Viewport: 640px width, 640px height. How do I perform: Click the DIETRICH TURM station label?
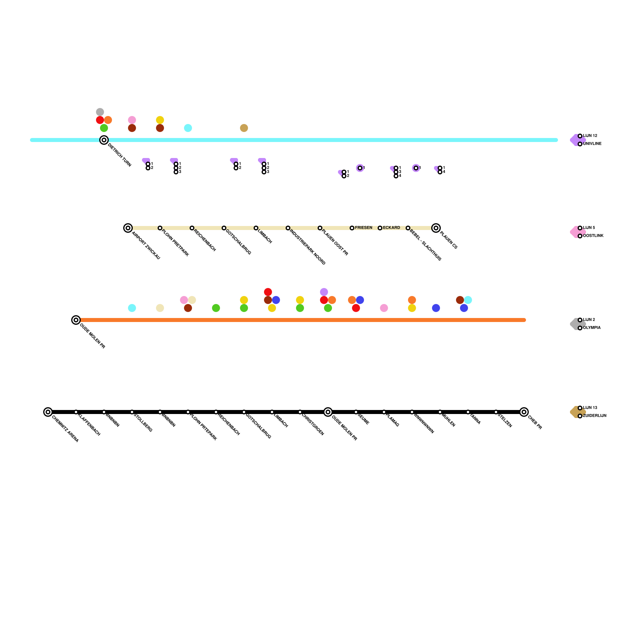click(x=120, y=155)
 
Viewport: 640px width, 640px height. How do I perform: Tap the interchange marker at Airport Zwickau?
click(x=128, y=228)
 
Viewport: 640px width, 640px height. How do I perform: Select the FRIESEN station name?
click(x=364, y=228)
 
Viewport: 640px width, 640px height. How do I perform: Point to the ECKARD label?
click(x=391, y=228)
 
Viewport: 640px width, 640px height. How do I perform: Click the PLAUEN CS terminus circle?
click(x=436, y=228)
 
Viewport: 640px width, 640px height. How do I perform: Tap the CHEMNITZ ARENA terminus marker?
click(x=48, y=412)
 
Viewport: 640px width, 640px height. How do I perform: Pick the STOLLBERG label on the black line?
click(x=143, y=423)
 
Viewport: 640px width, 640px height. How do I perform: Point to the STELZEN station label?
click(x=505, y=420)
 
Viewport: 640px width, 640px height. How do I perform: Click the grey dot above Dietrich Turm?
click(x=100, y=112)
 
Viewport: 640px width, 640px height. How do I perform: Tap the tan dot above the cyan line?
click(x=244, y=128)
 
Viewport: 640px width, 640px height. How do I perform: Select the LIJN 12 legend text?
click(x=590, y=136)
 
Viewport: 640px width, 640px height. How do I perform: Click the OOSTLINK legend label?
click(x=593, y=236)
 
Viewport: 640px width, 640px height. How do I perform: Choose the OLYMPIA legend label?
click(x=592, y=328)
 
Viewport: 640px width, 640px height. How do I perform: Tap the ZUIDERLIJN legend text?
click(x=594, y=416)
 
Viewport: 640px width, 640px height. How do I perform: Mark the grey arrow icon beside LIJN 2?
click(x=576, y=324)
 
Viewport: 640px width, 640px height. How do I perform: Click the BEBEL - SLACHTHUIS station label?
click(x=426, y=245)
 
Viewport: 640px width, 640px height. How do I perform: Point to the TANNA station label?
click(x=475, y=419)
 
